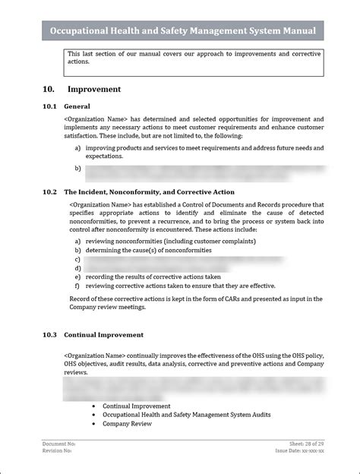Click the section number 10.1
(50, 106)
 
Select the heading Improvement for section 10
(94, 89)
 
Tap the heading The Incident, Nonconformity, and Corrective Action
(150, 192)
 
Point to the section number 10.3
(50, 334)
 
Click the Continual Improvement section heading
(104, 334)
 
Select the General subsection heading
(77, 106)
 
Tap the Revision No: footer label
(57, 451)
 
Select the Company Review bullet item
(127, 424)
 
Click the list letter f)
(77, 286)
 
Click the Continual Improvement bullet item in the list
(137, 406)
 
